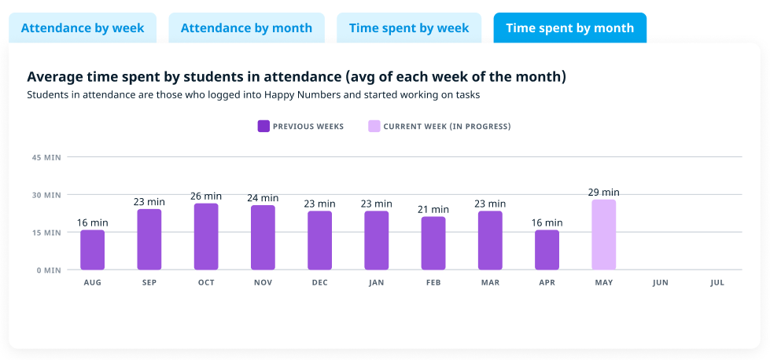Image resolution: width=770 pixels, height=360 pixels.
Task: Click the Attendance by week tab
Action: [83, 28]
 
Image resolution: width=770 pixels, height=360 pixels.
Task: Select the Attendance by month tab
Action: [246, 28]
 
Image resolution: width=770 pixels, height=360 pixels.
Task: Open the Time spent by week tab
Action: [409, 28]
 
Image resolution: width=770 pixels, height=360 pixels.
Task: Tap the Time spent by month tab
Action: [569, 28]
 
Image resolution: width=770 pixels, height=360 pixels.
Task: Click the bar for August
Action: [92, 250]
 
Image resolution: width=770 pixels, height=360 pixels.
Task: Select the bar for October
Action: [206, 237]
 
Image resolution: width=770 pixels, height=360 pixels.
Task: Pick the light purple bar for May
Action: [604, 235]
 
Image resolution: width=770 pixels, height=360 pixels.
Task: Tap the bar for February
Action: [433, 243]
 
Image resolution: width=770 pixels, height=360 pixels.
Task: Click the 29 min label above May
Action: [604, 192]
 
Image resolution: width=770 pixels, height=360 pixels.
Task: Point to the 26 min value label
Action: [206, 196]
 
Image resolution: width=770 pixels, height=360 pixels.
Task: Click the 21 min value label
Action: [433, 209]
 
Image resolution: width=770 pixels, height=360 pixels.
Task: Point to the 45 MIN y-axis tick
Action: [46, 157]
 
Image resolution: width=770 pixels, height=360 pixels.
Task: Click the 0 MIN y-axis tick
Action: [48, 270]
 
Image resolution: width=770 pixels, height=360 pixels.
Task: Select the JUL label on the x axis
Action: [717, 283]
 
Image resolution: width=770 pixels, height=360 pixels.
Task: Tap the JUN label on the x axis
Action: [661, 283]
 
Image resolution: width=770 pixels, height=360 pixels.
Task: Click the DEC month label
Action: [319, 283]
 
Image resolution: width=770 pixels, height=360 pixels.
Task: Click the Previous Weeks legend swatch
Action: [263, 126]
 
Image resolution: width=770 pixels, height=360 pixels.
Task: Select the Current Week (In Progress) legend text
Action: [447, 126]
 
